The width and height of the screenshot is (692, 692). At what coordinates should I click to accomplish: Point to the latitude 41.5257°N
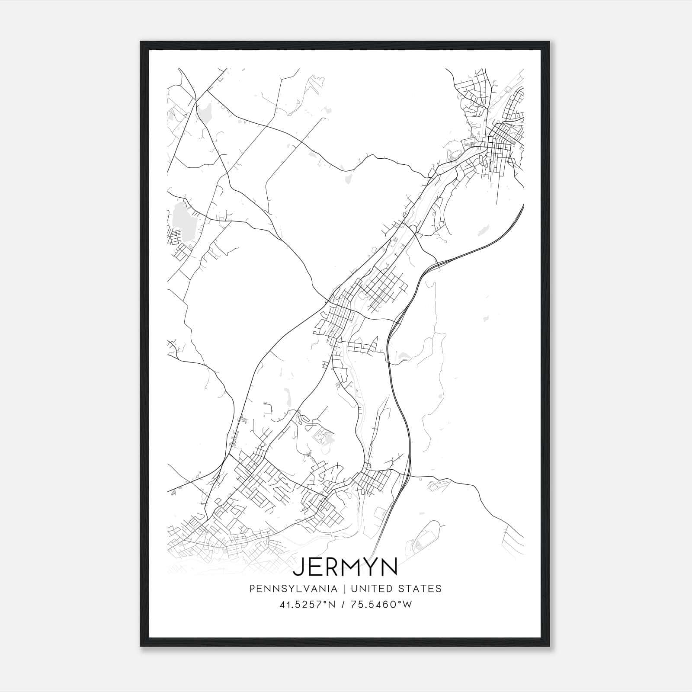pos(308,605)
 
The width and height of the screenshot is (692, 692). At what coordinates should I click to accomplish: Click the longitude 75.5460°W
pos(381,605)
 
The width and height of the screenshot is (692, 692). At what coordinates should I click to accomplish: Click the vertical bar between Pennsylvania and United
pos(344,589)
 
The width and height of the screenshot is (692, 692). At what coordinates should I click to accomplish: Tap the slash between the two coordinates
pos(343,605)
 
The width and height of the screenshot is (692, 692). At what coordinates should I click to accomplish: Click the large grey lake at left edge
pos(181,216)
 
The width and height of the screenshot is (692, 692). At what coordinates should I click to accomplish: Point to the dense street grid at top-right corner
pos(497,138)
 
